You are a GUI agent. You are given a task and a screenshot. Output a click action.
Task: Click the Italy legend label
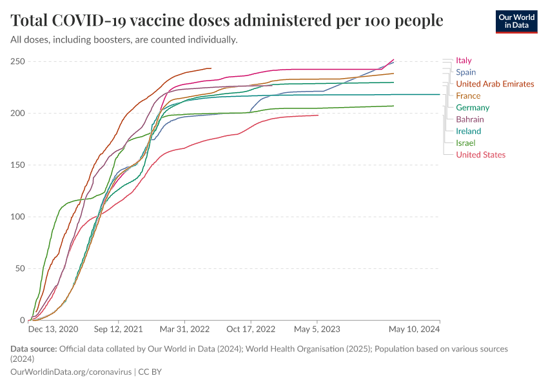pyautogui.click(x=464, y=61)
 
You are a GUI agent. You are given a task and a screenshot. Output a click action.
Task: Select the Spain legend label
pyautogui.click(x=465, y=72)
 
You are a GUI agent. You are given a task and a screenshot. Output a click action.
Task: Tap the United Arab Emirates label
pyautogui.click(x=494, y=84)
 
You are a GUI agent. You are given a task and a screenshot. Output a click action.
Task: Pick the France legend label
pyautogui.click(x=467, y=95)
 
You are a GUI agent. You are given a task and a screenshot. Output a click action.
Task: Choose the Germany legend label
pyautogui.click(x=472, y=108)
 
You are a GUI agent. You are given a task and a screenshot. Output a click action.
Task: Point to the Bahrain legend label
pyautogui.click(x=469, y=119)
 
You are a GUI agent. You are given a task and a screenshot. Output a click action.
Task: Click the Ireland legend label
pyautogui.click(x=468, y=131)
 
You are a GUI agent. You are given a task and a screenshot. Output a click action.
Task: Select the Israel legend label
pyautogui.click(x=465, y=143)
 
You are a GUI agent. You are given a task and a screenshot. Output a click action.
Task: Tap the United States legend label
pyautogui.click(x=480, y=155)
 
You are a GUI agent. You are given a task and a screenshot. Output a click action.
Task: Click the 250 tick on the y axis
pyautogui.click(x=17, y=62)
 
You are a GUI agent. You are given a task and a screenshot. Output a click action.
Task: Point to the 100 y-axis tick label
pyautogui.click(x=17, y=217)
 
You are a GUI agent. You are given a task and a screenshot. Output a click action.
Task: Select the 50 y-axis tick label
pyautogui.click(x=19, y=268)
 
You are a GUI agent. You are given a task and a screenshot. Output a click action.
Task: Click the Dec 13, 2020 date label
pyautogui.click(x=54, y=329)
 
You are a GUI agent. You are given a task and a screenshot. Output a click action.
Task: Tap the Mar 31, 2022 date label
pyautogui.click(x=185, y=329)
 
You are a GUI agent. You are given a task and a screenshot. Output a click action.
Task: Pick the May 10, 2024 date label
pyautogui.click(x=414, y=329)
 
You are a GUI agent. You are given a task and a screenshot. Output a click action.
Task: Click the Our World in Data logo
pyautogui.click(x=516, y=21)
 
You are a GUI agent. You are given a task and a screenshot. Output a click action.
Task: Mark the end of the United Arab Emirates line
pyautogui.click(x=211, y=68)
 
